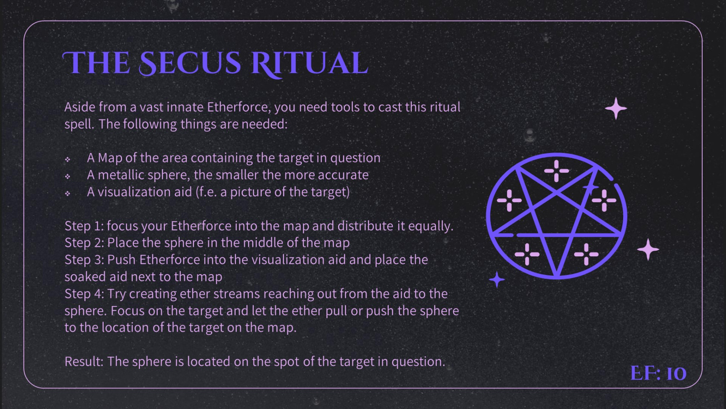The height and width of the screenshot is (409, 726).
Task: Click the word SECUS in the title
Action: coord(190,63)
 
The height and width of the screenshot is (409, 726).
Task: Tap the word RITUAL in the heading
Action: coord(309,64)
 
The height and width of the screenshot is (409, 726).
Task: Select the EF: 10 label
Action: coord(658,373)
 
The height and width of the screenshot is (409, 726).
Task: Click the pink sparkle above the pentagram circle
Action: coord(616,109)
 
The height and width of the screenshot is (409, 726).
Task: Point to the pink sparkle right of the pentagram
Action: coord(648,250)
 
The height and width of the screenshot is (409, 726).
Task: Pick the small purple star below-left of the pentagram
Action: coord(497,279)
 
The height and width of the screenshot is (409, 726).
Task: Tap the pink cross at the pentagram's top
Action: coord(557,171)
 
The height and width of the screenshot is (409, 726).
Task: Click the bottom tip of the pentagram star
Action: coord(557,276)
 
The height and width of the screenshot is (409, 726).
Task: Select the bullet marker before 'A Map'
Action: coord(68,159)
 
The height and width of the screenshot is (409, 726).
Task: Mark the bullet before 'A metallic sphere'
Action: coord(68,176)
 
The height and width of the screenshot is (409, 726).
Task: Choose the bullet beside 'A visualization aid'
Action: coord(68,193)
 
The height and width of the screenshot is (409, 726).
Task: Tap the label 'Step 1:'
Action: coord(84,226)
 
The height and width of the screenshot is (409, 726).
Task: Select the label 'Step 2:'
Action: coord(84,243)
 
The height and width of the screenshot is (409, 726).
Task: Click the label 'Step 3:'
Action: coord(84,260)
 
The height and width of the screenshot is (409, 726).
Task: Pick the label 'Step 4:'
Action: coord(84,294)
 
